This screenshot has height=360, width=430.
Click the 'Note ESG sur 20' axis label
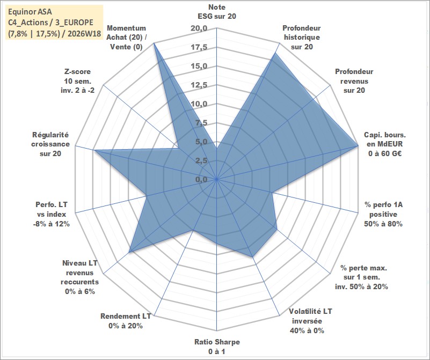pyautogui.click(x=217, y=11)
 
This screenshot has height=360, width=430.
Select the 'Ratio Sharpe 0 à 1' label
pyautogui.click(x=217, y=347)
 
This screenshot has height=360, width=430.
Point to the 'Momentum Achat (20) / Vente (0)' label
pyautogui.click(x=126, y=37)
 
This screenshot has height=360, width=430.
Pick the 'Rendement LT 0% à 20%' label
pyautogui.click(x=126, y=321)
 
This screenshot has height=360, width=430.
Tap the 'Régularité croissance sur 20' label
pyautogui.click(x=50, y=144)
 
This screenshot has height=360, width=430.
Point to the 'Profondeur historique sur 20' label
pyautogui.click(x=302, y=37)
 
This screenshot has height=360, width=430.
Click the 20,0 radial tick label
pyautogui.click(x=199, y=28)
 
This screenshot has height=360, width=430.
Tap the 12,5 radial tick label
pyautogui.click(x=199, y=85)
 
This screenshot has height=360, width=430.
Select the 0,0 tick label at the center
pyautogui.click(x=201, y=179)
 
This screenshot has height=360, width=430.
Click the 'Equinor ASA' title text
pyautogui.click(x=30, y=12)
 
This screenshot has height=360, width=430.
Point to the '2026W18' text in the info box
pyautogui.click(x=84, y=34)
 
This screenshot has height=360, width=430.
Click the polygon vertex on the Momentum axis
pyautogui.click(x=154, y=43)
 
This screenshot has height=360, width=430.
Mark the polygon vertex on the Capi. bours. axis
pyautogui.click(x=358, y=146)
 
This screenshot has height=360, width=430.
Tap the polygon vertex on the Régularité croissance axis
pyautogui.click(x=94, y=150)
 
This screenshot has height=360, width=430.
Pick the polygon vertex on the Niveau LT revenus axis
pyautogui.click(x=129, y=252)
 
